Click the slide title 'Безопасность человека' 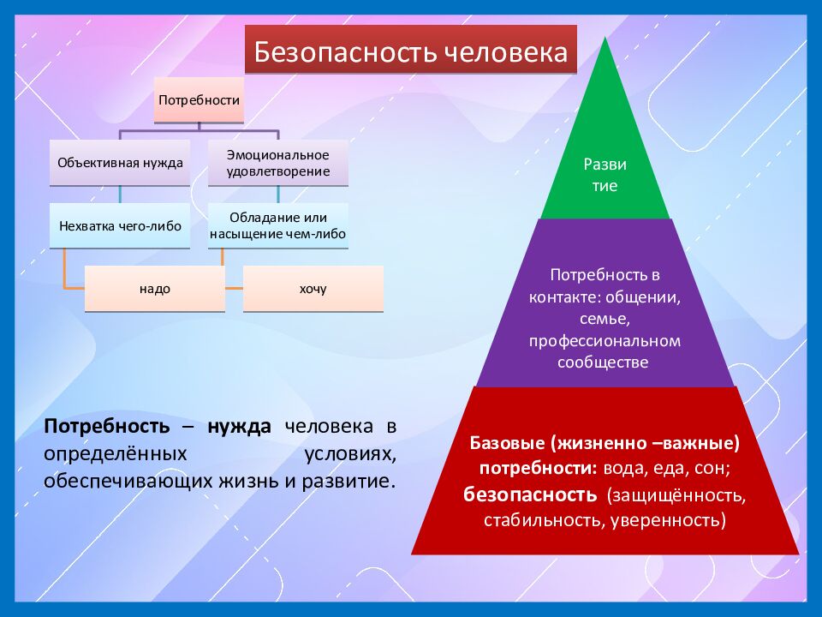click(411, 53)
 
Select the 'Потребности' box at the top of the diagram click(198, 99)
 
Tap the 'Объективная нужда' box click(120, 162)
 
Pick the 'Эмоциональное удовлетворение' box click(278, 163)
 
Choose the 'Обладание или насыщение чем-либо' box click(278, 225)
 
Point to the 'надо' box click(155, 289)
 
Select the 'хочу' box click(313, 289)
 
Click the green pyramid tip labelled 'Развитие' click(605, 173)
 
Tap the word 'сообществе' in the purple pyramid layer click(604, 362)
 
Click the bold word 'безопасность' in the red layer click(530, 495)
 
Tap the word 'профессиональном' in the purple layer click(604, 340)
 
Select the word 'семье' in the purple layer click(604, 319)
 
